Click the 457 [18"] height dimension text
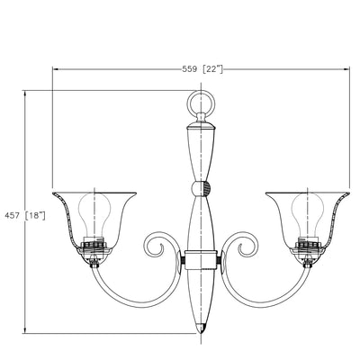tap(25, 215)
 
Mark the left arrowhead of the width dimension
tap(54, 69)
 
